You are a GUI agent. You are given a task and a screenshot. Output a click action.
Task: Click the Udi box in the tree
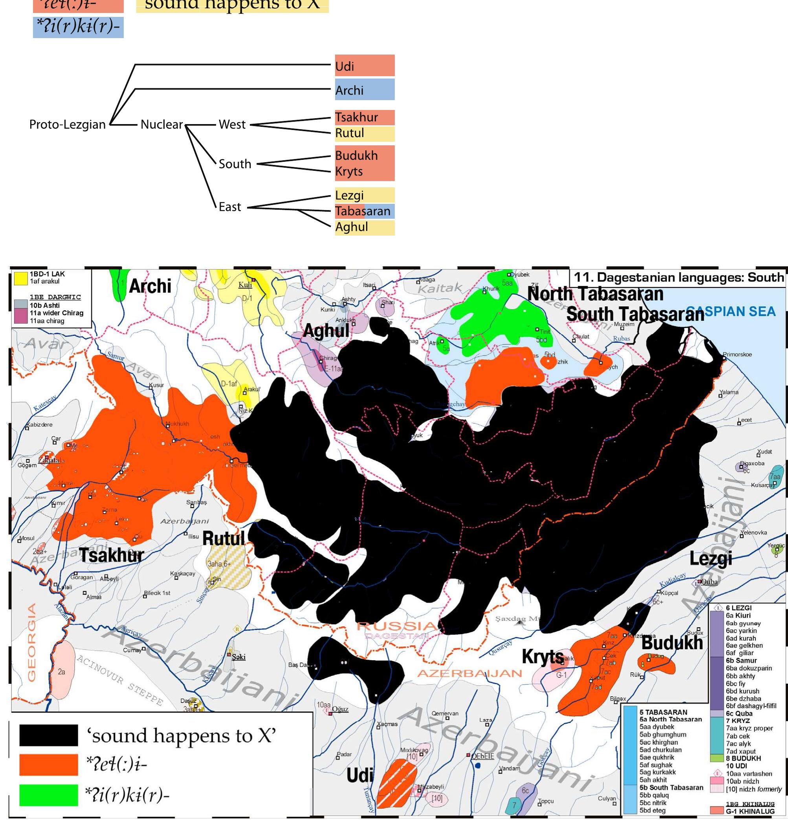tap(364, 66)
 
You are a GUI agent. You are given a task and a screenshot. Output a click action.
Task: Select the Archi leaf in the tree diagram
tap(364, 90)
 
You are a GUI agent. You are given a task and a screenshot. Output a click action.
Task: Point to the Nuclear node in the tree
tap(161, 124)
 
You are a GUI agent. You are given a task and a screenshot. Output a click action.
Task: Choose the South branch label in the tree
tap(235, 164)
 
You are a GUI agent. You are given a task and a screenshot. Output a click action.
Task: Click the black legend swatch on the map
tap(49, 735)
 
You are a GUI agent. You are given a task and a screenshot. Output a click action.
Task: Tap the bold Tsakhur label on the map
tap(112, 555)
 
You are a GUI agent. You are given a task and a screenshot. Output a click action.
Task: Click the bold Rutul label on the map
tap(224, 538)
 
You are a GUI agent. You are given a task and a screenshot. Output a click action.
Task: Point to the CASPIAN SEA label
tap(730, 311)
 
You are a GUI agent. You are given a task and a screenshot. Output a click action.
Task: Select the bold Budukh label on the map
tap(672, 642)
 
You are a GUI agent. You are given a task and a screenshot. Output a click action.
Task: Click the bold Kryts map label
tap(543, 657)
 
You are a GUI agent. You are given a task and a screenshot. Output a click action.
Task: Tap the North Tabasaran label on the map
tap(595, 294)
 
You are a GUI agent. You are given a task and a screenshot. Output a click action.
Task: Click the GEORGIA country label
tap(32, 642)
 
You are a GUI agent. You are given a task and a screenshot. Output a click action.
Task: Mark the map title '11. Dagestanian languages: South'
tap(678, 277)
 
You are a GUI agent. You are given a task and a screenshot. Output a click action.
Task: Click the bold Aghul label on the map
tap(326, 331)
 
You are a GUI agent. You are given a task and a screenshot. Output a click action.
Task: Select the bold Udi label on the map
tap(359, 775)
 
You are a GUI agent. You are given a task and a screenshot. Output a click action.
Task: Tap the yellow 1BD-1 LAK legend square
tap(20, 278)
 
